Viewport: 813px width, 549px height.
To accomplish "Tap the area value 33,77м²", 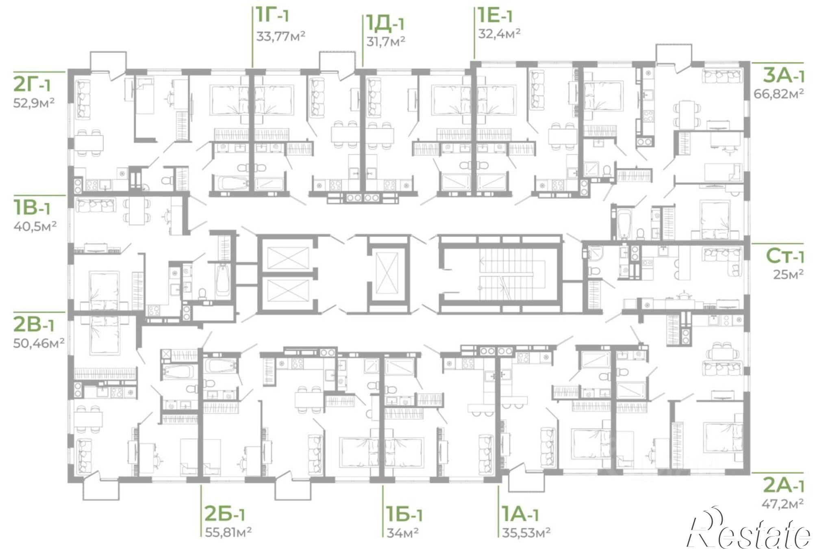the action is click(x=280, y=36).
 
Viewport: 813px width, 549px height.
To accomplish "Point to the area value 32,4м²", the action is click(x=499, y=33).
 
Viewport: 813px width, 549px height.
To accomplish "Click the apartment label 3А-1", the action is click(x=783, y=76).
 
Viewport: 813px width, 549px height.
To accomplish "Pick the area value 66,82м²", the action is click(x=779, y=94).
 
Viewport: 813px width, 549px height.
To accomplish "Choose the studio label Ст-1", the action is click(x=785, y=256).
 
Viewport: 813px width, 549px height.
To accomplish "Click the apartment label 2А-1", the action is click(x=783, y=485).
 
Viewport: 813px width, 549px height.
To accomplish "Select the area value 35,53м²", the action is click(x=526, y=532).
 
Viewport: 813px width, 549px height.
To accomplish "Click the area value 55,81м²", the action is click(x=228, y=532).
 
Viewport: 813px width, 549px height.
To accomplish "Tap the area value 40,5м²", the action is click(x=35, y=225).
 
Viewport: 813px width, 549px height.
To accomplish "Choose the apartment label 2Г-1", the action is click(x=32, y=84).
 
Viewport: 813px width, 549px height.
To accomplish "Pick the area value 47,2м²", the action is click(x=783, y=504).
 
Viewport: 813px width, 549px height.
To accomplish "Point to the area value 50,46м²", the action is click(x=39, y=344).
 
